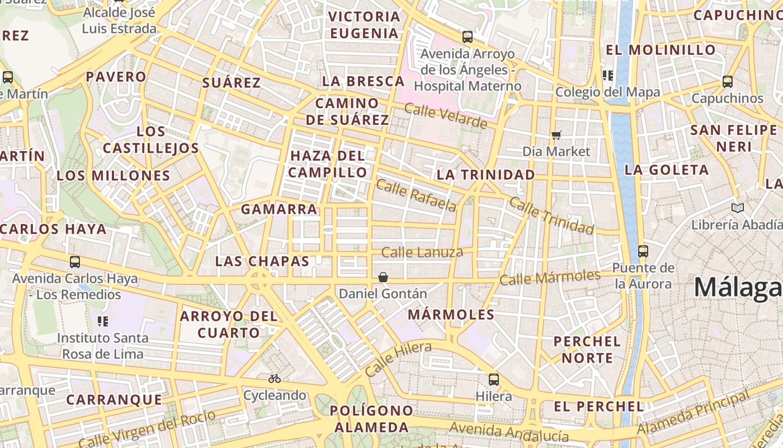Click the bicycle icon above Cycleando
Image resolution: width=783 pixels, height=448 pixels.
point(274,379)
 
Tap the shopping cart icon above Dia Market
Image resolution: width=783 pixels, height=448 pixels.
point(556,135)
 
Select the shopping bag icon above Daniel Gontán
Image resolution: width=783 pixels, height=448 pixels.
point(383,277)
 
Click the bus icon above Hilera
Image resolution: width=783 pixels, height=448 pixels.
point(493,380)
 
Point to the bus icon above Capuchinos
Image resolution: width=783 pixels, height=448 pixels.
point(727,82)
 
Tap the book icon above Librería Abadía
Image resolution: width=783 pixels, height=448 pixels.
point(738,208)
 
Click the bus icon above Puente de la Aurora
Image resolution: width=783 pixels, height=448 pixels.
point(643,251)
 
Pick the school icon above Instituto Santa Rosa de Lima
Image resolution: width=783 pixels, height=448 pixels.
point(103,321)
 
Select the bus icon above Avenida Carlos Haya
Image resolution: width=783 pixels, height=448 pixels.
point(74,262)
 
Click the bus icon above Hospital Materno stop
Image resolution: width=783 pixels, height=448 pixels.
point(467,38)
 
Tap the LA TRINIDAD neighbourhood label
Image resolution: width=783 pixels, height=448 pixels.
point(485,175)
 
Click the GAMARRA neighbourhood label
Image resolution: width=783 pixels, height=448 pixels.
point(279,209)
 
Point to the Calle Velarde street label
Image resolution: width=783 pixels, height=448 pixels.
point(445,116)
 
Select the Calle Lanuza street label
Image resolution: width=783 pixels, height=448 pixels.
point(422,253)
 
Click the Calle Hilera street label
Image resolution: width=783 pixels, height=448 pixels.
point(398,359)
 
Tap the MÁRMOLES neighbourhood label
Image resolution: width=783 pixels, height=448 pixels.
point(451,315)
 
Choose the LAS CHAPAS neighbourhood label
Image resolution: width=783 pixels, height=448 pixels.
point(262,262)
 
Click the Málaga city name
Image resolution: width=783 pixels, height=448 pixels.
point(738,288)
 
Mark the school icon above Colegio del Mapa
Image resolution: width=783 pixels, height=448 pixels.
point(607,76)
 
